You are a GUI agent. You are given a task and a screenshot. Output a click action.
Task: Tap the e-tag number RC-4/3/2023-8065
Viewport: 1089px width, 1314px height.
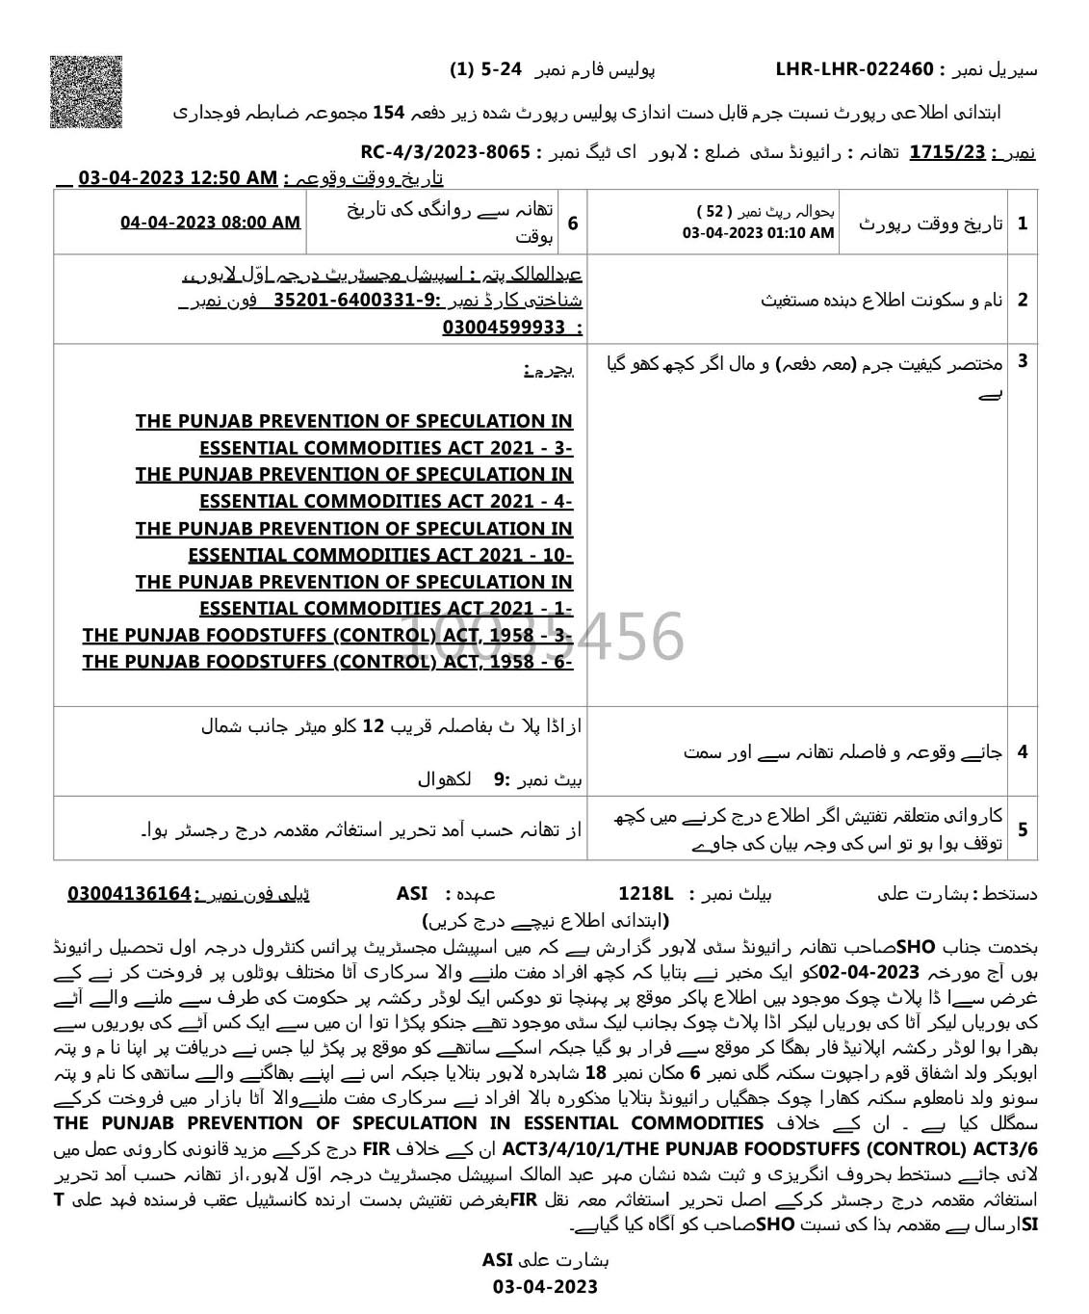point(446,152)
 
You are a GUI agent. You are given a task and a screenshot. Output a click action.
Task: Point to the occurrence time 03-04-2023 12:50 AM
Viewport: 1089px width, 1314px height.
point(177,178)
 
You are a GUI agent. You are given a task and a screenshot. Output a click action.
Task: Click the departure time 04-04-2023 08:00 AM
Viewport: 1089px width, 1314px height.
point(210,223)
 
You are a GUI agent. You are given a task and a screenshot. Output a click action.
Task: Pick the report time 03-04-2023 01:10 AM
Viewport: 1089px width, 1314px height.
point(758,233)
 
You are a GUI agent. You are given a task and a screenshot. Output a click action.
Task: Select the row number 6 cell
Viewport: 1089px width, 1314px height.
point(572,223)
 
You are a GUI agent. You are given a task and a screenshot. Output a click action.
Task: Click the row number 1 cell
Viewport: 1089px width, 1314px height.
point(1022,223)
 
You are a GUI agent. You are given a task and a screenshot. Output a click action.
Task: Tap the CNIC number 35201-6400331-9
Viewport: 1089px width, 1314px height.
point(355,301)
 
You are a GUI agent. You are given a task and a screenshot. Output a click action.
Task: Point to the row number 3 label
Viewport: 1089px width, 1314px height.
point(1022,361)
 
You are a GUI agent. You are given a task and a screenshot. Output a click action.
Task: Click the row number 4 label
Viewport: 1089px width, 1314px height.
point(1022,751)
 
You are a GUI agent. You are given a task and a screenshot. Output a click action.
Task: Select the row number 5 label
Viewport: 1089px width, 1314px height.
point(1022,828)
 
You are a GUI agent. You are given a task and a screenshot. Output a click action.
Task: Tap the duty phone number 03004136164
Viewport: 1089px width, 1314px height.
point(129,894)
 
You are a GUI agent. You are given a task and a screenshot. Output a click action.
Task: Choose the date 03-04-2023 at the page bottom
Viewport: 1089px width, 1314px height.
point(545,1287)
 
